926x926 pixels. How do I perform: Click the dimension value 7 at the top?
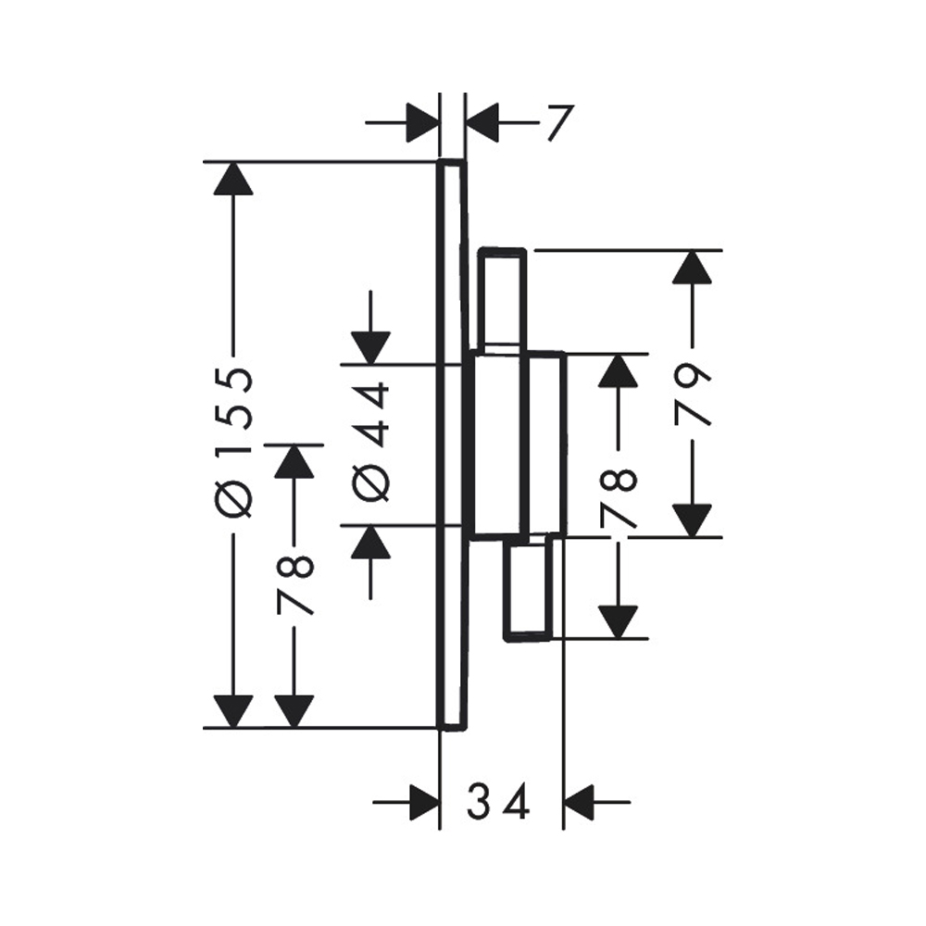(557, 123)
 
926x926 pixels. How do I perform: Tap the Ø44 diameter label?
(371, 441)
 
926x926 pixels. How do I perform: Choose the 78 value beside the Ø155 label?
(295, 585)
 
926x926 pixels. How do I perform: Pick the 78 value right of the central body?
(619, 497)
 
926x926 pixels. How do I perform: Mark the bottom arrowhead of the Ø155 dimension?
(232, 711)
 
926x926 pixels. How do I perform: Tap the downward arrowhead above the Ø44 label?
(370, 348)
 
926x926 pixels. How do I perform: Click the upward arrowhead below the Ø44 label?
(370, 543)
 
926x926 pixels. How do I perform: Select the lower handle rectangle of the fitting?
(530, 590)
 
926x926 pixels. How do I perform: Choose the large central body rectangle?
(517, 444)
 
